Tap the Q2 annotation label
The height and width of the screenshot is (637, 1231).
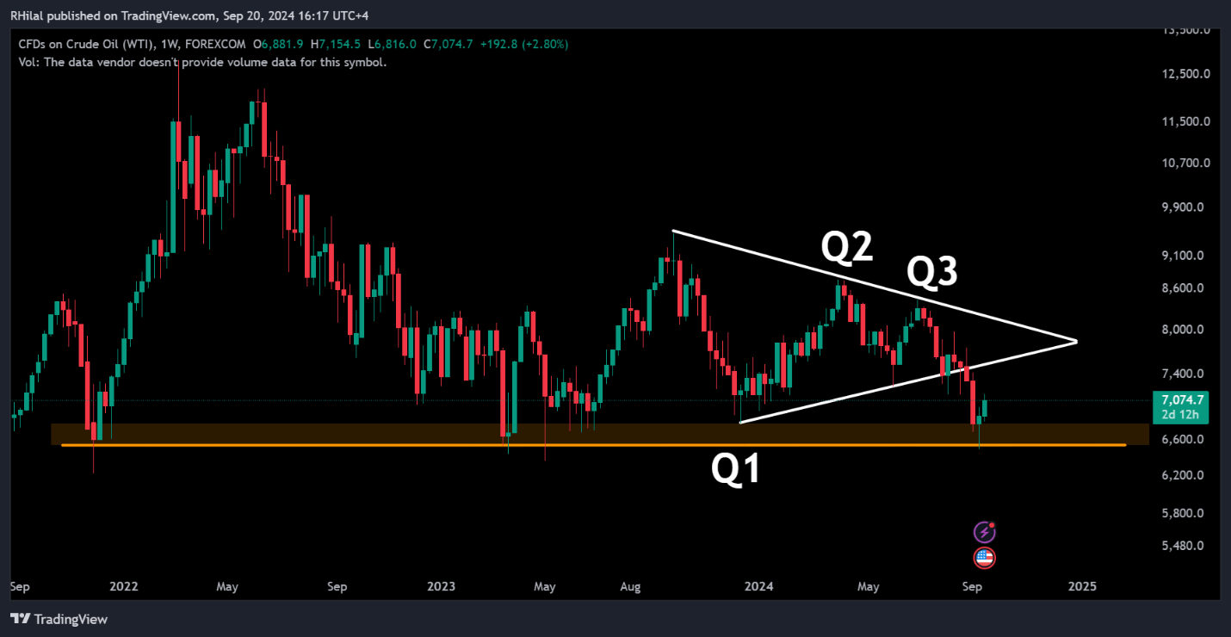click(x=846, y=247)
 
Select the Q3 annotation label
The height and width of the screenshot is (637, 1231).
click(x=932, y=273)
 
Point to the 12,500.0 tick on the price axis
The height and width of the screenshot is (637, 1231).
click(x=1185, y=73)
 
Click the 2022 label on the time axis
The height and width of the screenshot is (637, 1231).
click(x=124, y=587)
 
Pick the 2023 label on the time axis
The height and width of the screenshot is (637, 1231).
click(x=442, y=587)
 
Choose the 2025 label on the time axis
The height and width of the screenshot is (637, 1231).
click(x=1082, y=587)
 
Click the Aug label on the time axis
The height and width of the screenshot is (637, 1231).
click(x=631, y=587)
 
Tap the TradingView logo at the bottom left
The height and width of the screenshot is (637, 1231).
click(x=59, y=619)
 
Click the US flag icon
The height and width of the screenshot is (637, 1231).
click(x=985, y=558)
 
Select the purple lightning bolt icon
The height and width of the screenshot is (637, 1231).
click(x=985, y=532)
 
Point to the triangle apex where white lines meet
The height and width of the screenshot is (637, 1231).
click(x=1077, y=342)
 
